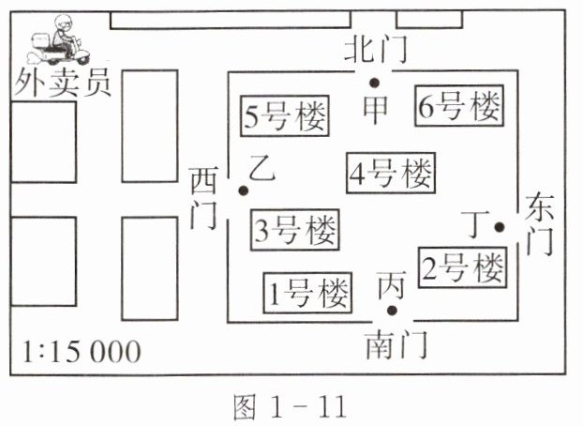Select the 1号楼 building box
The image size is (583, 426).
(x=306, y=293)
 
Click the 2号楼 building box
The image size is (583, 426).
(x=462, y=269)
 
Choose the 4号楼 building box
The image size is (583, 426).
(x=391, y=174)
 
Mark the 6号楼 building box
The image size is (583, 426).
(x=458, y=108)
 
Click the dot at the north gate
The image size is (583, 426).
(x=374, y=84)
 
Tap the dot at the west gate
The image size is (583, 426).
(x=243, y=190)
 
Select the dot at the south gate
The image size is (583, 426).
(x=393, y=311)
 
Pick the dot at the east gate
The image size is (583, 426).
(x=500, y=226)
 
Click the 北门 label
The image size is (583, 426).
(x=377, y=50)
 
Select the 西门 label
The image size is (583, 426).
(x=204, y=198)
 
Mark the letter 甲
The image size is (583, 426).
(x=375, y=112)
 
